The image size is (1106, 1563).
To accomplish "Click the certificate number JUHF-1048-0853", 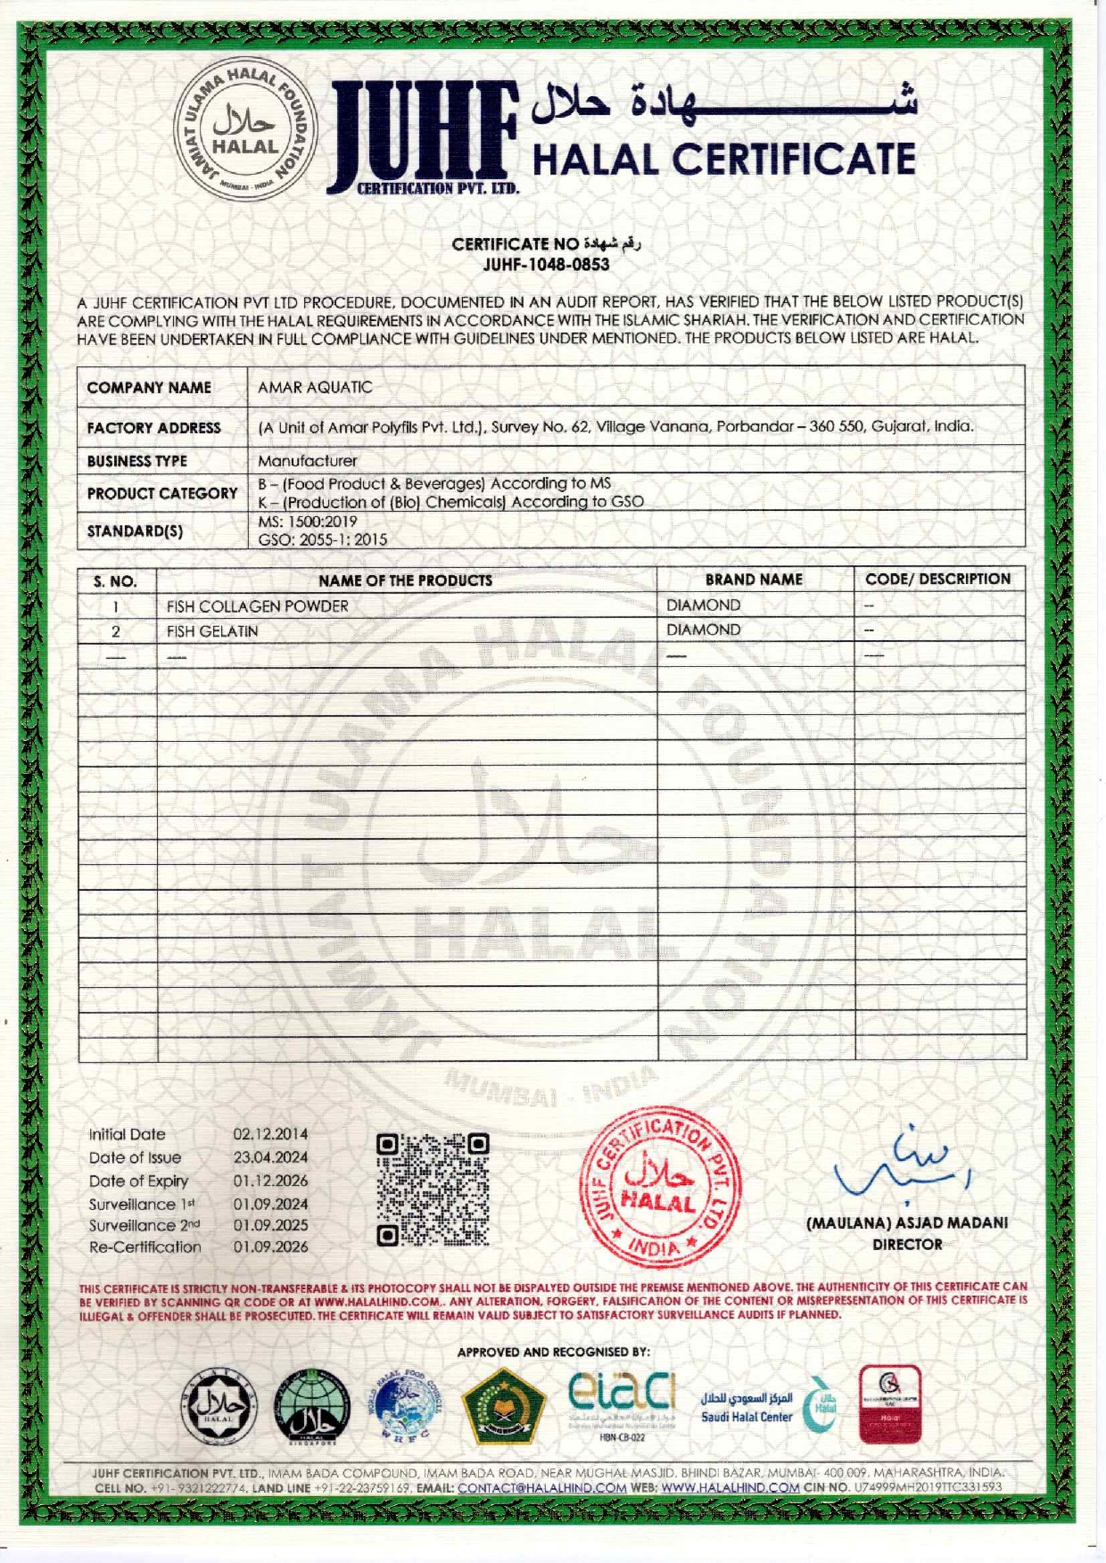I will (546, 265).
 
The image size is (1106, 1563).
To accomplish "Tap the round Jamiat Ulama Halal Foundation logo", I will (244, 129).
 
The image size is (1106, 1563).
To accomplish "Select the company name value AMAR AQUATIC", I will (315, 388).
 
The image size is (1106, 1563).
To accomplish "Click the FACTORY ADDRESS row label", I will (153, 428).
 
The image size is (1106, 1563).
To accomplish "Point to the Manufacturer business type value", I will (307, 461).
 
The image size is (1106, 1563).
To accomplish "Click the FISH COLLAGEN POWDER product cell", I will (257, 606).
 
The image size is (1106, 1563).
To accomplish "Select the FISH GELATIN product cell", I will (212, 631).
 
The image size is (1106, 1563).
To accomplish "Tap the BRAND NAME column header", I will (754, 580).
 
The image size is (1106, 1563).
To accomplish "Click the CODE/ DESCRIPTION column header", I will (937, 579).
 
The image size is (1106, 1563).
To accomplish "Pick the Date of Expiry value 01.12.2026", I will (270, 1180).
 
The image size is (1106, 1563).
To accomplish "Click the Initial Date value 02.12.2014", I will (270, 1134).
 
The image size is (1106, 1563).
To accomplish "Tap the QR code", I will (433, 1189).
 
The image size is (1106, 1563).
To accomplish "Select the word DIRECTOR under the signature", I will (907, 1245).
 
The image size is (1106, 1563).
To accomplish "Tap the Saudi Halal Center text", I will (747, 1417).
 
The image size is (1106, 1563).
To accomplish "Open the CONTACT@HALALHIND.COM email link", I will (541, 1487).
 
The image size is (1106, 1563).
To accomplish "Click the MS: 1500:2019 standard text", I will (308, 522).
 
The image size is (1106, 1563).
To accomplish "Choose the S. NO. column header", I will (115, 581).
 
